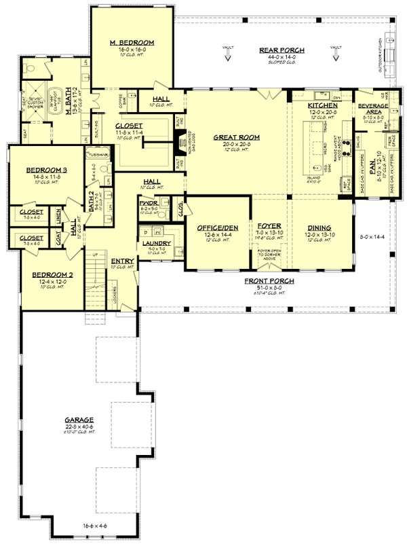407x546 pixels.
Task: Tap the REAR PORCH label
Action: (x=282, y=50)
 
